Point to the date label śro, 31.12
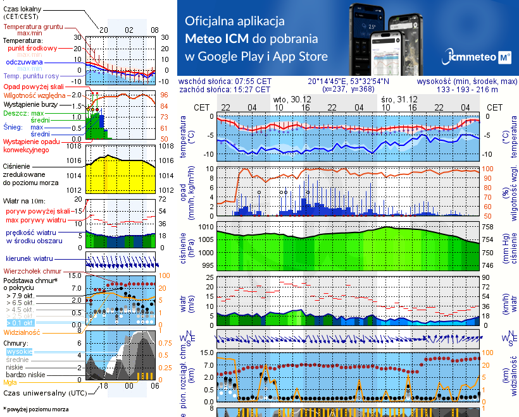[x=399, y=100]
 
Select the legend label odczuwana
[x=24, y=63]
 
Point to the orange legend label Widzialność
[x=22, y=332]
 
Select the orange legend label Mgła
[x=10, y=382]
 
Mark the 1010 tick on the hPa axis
[x=205, y=226]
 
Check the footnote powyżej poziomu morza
[x=35, y=409]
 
